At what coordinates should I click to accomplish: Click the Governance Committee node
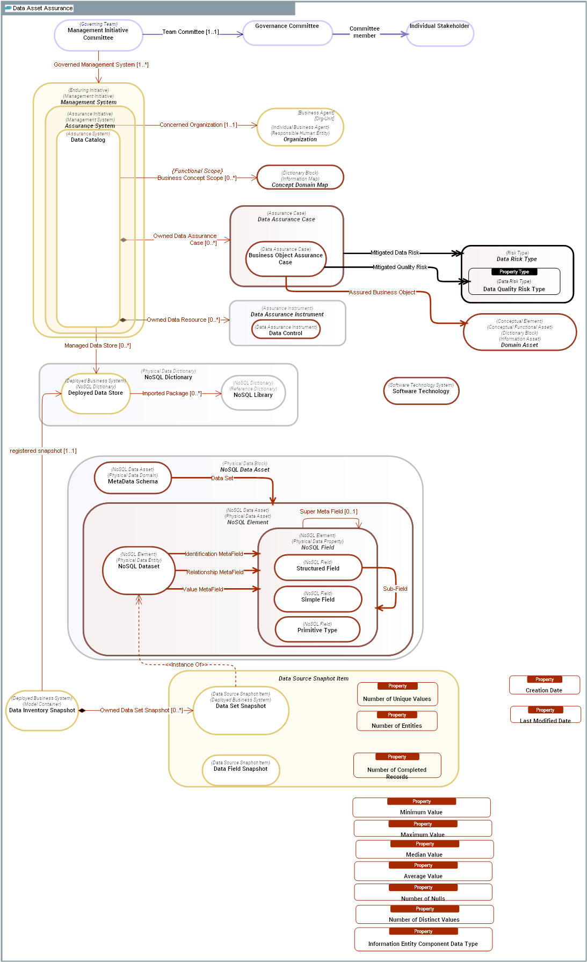287,33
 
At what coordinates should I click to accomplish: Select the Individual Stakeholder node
440,33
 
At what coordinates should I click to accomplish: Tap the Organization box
300,128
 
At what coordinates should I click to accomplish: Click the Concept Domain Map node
300,178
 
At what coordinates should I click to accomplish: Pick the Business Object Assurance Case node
286,259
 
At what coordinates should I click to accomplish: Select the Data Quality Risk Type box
514,283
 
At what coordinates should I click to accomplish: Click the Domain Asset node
519,332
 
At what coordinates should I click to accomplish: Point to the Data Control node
286,329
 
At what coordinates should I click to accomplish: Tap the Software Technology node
421,391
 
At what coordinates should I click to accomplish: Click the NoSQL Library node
253,393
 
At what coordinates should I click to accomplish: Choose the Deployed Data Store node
96,394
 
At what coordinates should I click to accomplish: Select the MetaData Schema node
133,478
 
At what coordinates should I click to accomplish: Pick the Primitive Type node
317,630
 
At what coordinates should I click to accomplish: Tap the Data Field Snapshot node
241,770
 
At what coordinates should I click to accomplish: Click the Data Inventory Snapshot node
42,710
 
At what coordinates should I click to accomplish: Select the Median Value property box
424,850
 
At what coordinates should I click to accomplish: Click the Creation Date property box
544,685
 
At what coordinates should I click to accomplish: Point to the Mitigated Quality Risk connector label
400,267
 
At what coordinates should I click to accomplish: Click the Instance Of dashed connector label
186,664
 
